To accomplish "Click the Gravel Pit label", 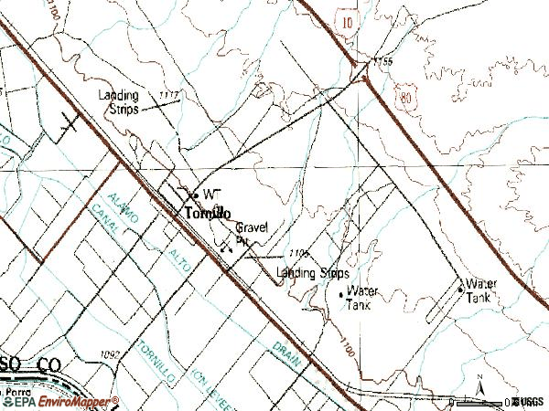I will [251, 233].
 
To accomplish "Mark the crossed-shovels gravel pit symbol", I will [224, 242].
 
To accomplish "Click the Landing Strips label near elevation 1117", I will [119, 102].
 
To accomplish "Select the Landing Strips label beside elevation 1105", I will [314, 272].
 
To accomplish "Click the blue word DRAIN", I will [287, 353].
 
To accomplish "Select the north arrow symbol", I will [479, 391].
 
